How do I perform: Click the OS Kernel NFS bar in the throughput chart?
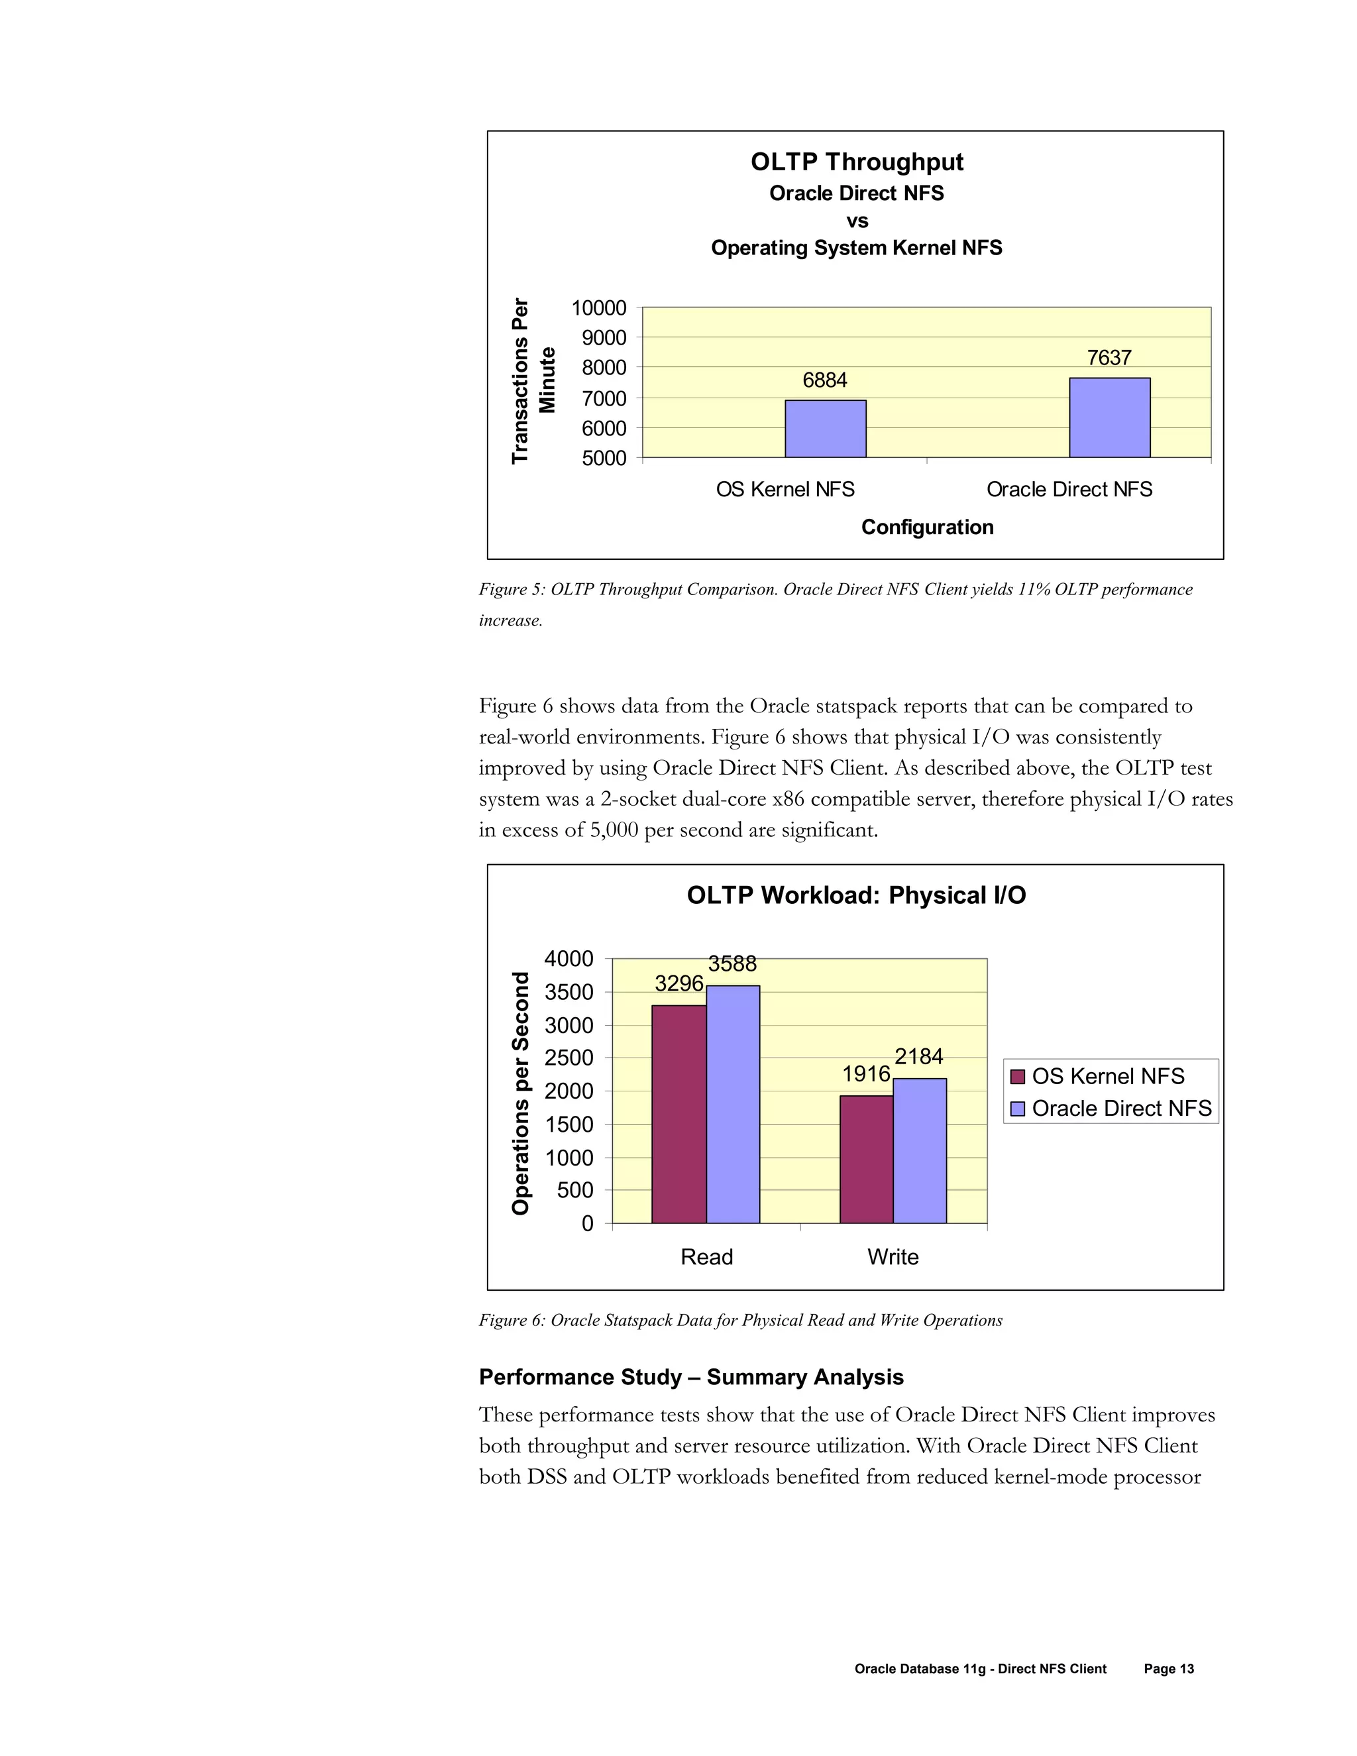pyautogui.click(x=825, y=429)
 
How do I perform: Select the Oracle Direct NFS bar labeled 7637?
pyautogui.click(x=1109, y=417)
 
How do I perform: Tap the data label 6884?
pyautogui.click(x=825, y=380)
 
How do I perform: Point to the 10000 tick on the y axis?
pyautogui.click(x=598, y=308)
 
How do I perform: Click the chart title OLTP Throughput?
pyautogui.click(x=856, y=162)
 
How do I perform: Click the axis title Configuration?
pyautogui.click(x=927, y=527)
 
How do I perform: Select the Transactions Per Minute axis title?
pyautogui.click(x=532, y=380)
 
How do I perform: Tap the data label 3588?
pyautogui.click(x=732, y=963)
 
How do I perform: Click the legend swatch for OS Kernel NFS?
pyautogui.click(x=1017, y=1077)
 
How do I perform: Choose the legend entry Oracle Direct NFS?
pyautogui.click(x=1120, y=1109)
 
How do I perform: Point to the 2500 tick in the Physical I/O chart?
pyautogui.click(x=569, y=1058)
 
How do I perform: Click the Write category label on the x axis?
pyautogui.click(x=893, y=1256)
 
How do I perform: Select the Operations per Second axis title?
pyautogui.click(x=521, y=1093)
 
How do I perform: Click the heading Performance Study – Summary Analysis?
pyautogui.click(x=690, y=1378)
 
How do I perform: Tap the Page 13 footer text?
pyautogui.click(x=1168, y=1669)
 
